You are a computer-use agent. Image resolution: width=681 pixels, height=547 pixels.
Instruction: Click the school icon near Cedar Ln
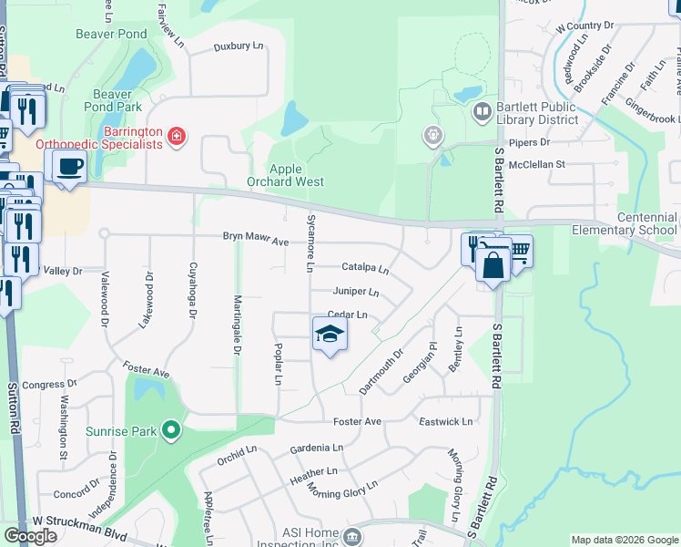(330, 334)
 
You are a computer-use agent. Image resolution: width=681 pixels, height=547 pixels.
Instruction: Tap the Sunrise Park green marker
(170, 429)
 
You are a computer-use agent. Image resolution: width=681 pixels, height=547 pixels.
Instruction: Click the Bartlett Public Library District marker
(482, 113)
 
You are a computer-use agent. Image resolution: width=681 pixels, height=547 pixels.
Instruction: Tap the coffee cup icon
(68, 166)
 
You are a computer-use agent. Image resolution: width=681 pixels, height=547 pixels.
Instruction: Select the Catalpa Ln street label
(365, 269)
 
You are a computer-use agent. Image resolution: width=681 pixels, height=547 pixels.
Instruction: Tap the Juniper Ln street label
(357, 293)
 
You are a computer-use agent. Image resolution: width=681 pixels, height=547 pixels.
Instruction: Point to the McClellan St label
(537, 164)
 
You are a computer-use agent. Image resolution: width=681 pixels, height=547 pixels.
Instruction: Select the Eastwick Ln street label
(446, 422)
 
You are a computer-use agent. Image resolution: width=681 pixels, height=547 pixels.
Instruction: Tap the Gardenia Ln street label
(317, 449)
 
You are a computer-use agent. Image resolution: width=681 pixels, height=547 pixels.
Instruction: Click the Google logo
(30, 536)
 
